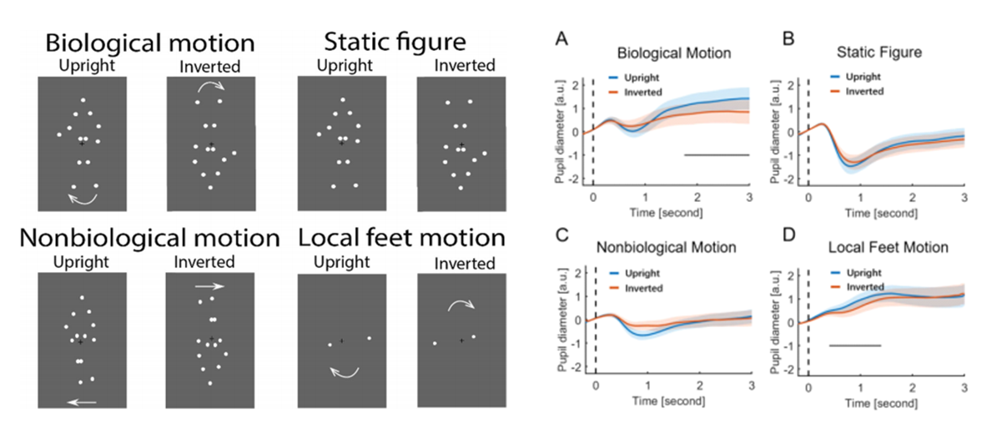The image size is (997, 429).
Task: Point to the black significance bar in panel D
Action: [855, 345]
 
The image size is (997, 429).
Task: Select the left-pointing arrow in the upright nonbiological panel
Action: [82, 402]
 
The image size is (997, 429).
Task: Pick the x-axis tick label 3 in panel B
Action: [964, 199]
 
